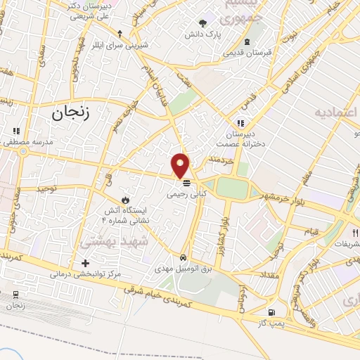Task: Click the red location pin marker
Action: (x=181, y=165)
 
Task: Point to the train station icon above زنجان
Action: (x=15, y=294)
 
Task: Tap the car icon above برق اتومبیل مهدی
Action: (x=184, y=257)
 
